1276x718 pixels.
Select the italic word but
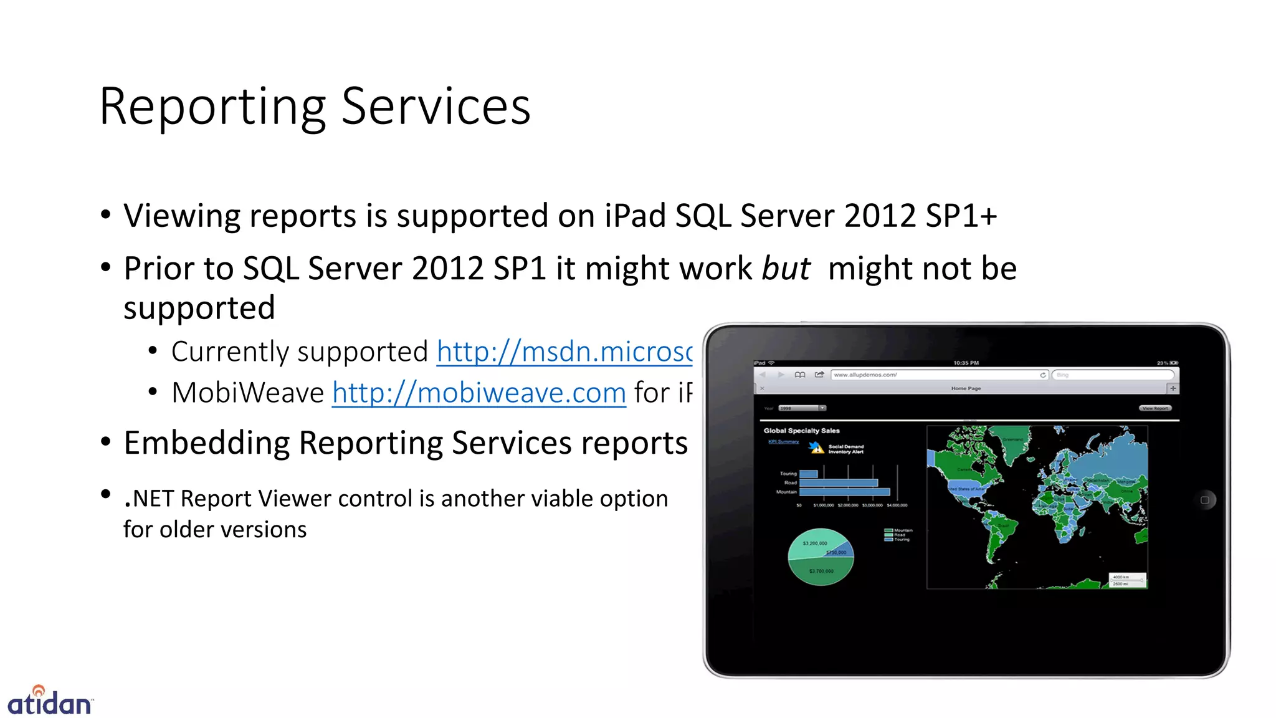786,269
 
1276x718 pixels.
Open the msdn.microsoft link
564,352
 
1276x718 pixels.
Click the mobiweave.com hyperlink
478,393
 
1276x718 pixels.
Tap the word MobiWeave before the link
247,393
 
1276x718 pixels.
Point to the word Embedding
206,443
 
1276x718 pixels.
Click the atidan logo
50,701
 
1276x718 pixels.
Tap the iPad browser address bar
935,375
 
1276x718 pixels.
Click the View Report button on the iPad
1156,408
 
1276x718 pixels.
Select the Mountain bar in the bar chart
844,492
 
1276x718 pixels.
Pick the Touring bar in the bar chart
808,474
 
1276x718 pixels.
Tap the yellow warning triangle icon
817,448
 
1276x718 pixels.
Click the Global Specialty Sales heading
801,431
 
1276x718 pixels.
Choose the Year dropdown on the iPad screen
802,408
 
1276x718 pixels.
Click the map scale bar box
1126,580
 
